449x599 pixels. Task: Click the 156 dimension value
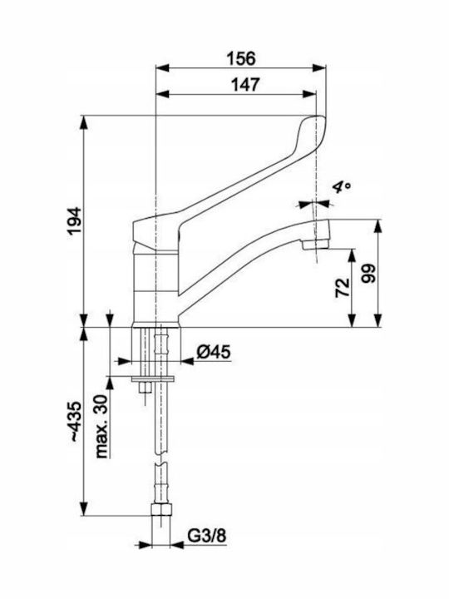point(241,58)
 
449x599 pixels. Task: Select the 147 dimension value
point(245,84)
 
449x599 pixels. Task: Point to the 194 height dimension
point(75,220)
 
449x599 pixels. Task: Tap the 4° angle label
point(342,187)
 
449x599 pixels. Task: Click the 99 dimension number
point(369,273)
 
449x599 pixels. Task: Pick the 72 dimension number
point(343,287)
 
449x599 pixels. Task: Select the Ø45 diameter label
point(214,352)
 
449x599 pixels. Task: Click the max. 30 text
point(102,426)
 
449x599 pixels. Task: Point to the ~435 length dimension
point(75,421)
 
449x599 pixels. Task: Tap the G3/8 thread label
point(206,536)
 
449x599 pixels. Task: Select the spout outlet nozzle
point(315,244)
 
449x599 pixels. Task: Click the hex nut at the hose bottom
point(161,510)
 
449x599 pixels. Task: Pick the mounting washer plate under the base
point(153,379)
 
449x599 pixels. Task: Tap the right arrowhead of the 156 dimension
point(319,68)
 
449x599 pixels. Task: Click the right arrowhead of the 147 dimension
point(309,94)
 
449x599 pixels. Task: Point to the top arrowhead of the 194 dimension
point(84,122)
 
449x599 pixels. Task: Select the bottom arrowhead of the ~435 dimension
point(84,509)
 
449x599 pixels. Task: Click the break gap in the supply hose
point(161,458)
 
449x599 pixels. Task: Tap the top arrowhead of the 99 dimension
point(378,226)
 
